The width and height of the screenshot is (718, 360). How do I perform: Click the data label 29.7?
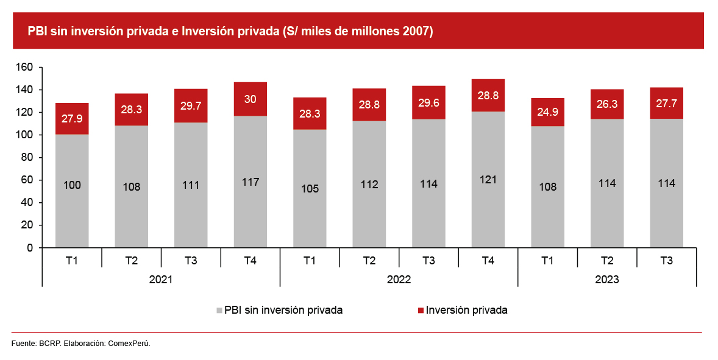pyautogui.click(x=191, y=106)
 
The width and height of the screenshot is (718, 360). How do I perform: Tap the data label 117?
pyautogui.click(x=251, y=182)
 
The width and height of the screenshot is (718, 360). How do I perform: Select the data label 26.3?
pyautogui.click(x=607, y=104)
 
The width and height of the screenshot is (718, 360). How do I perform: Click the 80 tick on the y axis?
pyautogui.click(x=27, y=158)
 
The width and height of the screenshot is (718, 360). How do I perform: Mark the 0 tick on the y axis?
pyautogui.click(x=29, y=248)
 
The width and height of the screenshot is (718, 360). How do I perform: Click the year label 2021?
pyautogui.click(x=161, y=280)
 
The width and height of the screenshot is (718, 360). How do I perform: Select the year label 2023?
pyautogui.click(x=607, y=280)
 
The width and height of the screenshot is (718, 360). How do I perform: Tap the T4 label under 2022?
pyautogui.click(x=488, y=261)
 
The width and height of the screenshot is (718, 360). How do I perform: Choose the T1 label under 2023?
pyautogui.click(x=547, y=261)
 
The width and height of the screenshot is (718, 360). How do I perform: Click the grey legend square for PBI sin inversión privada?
pyautogui.click(x=219, y=311)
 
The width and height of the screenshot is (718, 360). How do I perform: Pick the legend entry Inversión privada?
pyautogui.click(x=466, y=310)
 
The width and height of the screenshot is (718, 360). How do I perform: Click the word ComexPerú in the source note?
pyautogui.click(x=128, y=344)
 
